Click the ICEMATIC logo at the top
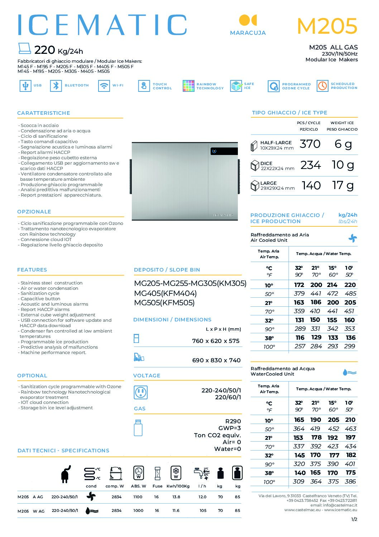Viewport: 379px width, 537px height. (102, 25)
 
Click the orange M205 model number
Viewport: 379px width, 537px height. (327, 26)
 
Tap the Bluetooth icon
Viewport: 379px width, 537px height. (56, 86)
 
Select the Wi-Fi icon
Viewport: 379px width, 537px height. (104, 86)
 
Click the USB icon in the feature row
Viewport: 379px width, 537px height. (25, 86)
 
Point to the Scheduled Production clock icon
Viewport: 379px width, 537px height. (322, 86)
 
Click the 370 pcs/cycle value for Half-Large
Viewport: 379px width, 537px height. (310, 144)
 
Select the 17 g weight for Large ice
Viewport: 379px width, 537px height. (343, 185)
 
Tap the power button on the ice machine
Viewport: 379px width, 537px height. (214, 151)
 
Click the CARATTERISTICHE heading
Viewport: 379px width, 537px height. (44, 113)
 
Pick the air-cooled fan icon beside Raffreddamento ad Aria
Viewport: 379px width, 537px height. (353, 238)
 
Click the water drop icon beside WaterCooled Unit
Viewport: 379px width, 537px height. (349, 372)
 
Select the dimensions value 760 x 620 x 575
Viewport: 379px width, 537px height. (216, 341)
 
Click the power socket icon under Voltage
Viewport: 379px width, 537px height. (140, 392)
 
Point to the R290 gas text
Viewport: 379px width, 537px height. (233, 421)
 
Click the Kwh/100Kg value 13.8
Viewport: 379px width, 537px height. (176, 497)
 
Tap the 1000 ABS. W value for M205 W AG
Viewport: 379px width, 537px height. (138, 510)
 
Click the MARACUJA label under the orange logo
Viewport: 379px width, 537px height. (248, 33)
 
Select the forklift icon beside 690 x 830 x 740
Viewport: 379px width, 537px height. (139, 357)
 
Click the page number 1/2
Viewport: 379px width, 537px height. (354, 519)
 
